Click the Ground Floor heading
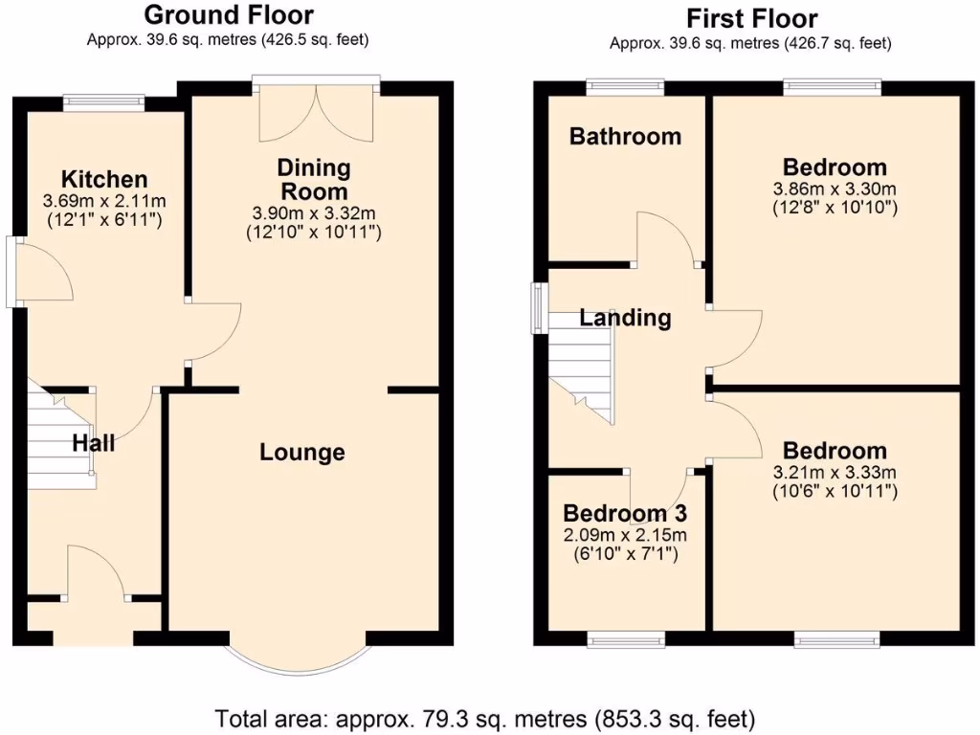(228, 15)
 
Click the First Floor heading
(751, 18)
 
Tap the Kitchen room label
(104, 179)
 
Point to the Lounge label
(302, 452)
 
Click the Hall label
(94, 443)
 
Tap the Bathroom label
(625, 136)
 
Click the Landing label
(626, 318)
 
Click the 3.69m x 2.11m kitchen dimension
(104, 201)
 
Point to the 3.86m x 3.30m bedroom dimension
(834, 189)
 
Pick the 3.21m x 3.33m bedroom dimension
(834, 473)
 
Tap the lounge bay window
(297, 660)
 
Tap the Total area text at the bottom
(485, 717)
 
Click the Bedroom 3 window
(625, 638)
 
